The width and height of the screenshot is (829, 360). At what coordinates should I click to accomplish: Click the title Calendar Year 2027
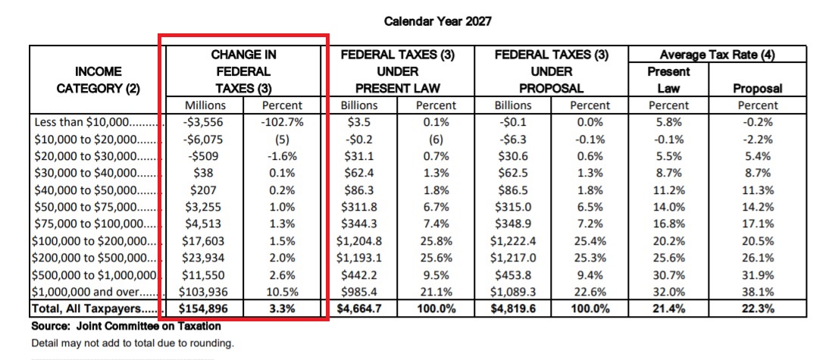coord(438,22)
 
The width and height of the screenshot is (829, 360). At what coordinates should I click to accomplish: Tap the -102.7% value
coord(283,123)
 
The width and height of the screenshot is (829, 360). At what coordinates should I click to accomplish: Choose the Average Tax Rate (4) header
coord(717,55)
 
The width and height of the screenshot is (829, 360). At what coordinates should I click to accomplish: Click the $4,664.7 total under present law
coord(359,308)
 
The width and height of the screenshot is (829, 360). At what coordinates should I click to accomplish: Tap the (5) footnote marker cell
coord(283,139)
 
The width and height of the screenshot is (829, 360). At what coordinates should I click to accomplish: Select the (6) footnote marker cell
coord(436,139)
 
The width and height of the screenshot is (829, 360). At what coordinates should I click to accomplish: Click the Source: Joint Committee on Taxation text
coord(127,326)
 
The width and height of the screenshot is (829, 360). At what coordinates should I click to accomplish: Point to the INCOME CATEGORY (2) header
coord(98,80)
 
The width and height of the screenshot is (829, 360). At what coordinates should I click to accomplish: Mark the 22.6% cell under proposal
coord(590,291)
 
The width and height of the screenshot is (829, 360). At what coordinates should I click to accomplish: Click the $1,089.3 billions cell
coord(513,291)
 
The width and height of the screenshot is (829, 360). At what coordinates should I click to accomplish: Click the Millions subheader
coord(205,105)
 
